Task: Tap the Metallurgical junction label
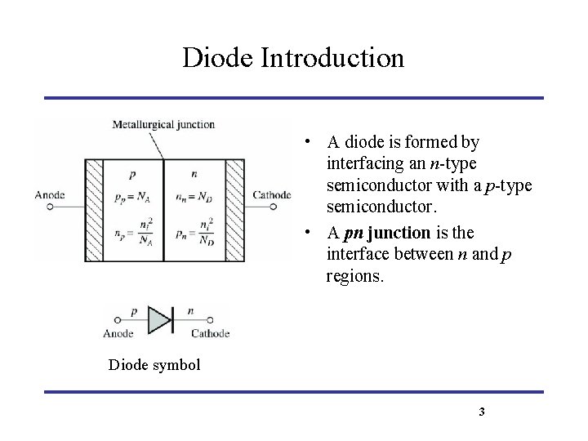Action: pyautogui.click(x=164, y=125)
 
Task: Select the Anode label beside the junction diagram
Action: pyautogui.click(x=51, y=194)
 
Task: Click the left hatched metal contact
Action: pyautogui.click(x=91, y=210)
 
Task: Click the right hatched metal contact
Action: pyautogui.click(x=235, y=210)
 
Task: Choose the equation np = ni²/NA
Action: pyautogui.click(x=132, y=234)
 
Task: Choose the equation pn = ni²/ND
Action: pyautogui.click(x=193, y=234)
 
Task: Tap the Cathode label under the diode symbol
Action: pyautogui.click(x=210, y=333)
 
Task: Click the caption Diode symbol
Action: pyautogui.click(x=154, y=364)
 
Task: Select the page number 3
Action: pyautogui.click(x=482, y=412)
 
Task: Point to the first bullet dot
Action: pyautogui.click(x=304, y=143)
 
